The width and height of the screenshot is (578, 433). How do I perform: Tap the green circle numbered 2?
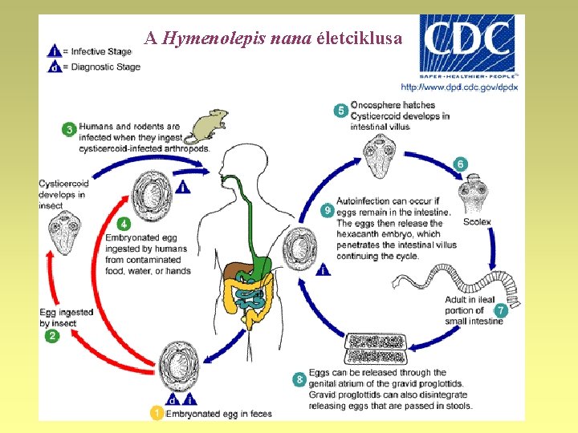pos(52,336)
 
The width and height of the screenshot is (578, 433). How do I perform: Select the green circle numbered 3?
pos(70,128)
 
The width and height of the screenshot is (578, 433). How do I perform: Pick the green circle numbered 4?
pos(124,224)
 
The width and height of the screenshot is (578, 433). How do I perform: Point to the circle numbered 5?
pos(340,110)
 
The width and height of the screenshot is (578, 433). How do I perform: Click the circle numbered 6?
pos(460,164)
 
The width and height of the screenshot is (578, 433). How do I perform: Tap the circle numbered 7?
pos(500,310)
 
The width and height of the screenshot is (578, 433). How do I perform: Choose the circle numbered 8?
pos(300,378)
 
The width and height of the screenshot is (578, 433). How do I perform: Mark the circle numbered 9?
pos(327,210)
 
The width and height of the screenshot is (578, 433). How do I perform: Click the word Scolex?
pos(476,221)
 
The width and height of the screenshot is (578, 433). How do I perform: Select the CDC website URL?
pos(460,87)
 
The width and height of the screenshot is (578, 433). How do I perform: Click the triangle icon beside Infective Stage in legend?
pos(53,51)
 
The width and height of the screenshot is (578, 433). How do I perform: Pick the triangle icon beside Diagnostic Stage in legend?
pos(53,67)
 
